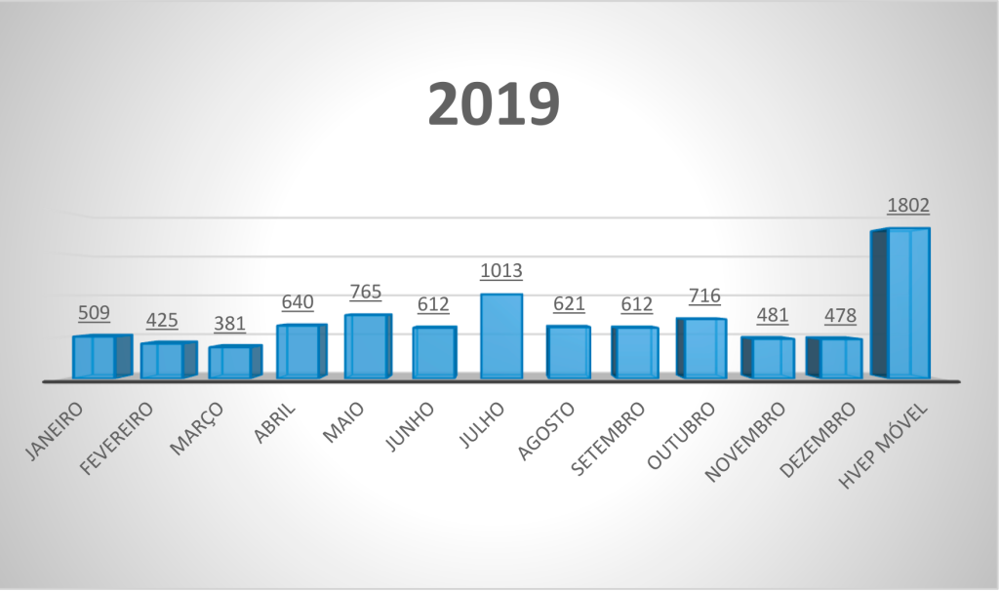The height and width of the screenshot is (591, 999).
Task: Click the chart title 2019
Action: click(x=494, y=103)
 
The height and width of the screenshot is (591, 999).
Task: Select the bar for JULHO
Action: click(x=501, y=335)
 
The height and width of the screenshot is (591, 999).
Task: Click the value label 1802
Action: click(x=907, y=206)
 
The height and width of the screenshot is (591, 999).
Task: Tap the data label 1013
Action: click(x=501, y=271)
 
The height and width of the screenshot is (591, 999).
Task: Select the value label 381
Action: click(x=230, y=324)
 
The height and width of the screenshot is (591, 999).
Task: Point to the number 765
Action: click(x=365, y=292)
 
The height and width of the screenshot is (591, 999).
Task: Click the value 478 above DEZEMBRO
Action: click(x=840, y=316)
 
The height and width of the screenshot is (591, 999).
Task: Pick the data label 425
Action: click(x=162, y=320)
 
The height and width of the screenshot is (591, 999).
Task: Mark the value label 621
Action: click(x=568, y=303)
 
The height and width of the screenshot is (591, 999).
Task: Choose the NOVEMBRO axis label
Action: click(x=745, y=441)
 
